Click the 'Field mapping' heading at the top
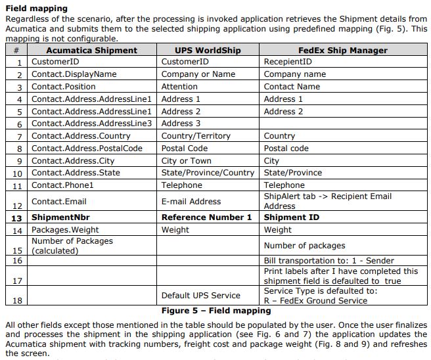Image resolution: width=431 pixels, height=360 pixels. [x=37, y=9]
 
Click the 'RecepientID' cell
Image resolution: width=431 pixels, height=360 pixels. [x=288, y=62]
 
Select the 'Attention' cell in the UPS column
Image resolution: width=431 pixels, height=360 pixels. [x=179, y=87]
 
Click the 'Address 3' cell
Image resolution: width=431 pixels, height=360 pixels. [x=181, y=124]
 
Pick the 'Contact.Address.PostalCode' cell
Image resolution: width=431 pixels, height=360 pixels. [x=87, y=148]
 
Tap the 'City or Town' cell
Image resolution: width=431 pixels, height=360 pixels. [x=187, y=161]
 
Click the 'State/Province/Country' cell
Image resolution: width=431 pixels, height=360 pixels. [x=208, y=173]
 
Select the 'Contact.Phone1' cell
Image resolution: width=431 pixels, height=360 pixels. [x=62, y=185]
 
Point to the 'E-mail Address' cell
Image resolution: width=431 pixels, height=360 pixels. [x=191, y=202]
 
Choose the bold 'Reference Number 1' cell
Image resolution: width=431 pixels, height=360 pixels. [x=206, y=217]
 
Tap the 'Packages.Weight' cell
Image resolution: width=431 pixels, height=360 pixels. [x=65, y=230]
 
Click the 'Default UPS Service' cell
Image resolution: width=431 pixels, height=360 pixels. [x=201, y=296]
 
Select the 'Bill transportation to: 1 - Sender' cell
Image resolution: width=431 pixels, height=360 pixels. [x=329, y=261]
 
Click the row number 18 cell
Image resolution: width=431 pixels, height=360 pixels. [x=17, y=301]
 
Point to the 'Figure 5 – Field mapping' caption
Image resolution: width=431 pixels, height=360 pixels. [x=216, y=311]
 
